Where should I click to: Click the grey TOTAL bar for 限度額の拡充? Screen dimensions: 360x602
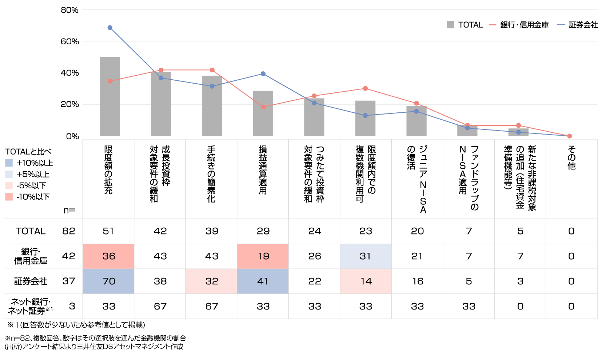click(x=109, y=96)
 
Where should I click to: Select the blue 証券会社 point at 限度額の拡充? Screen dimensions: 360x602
click(x=110, y=28)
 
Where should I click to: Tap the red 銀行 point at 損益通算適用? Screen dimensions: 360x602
click(x=263, y=107)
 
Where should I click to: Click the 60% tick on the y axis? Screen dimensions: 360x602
click(x=69, y=41)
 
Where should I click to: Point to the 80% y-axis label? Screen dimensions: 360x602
click(x=69, y=10)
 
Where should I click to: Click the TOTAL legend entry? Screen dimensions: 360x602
click(x=465, y=25)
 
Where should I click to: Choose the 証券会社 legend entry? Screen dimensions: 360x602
click(x=578, y=25)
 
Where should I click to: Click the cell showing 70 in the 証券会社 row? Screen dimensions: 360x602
click(x=109, y=281)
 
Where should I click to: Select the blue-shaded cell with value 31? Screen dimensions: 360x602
click(x=365, y=256)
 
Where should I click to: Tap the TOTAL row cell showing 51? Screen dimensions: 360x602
click(x=108, y=231)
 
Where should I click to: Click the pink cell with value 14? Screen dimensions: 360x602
click(x=366, y=281)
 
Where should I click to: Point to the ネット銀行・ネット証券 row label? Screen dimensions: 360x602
click(x=31, y=306)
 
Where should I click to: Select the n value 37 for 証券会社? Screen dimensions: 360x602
click(x=68, y=281)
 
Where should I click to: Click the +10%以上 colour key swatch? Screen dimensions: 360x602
click(x=9, y=163)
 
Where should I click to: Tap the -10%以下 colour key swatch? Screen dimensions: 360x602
click(x=9, y=197)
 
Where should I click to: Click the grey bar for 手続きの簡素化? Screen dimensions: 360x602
click(x=212, y=105)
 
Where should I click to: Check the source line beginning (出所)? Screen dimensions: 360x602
click(x=94, y=347)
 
